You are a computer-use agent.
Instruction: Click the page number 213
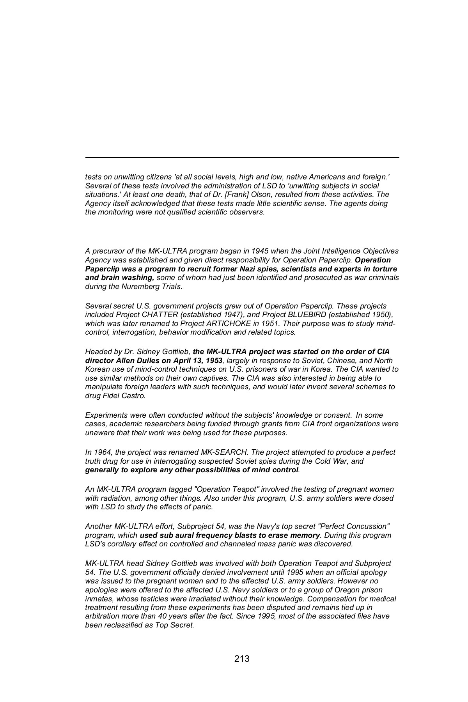242,659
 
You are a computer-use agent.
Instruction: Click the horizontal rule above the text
242,158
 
